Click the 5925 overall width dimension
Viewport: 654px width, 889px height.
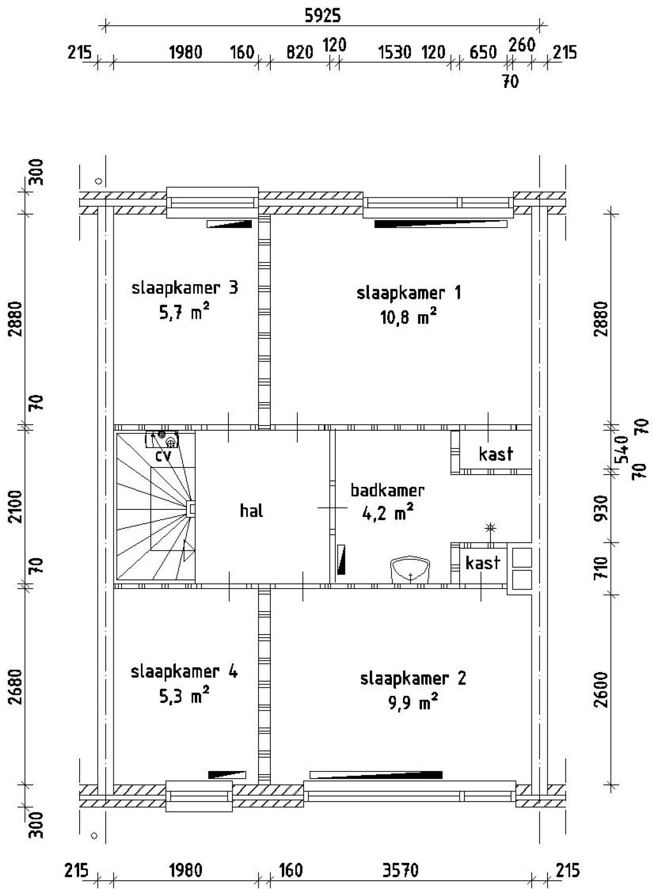pyautogui.click(x=322, y=16)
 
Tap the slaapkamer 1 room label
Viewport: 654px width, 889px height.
pyautogui.click(x=409, y=293)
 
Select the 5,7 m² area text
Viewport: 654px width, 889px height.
pyautogui.click(x=184, y=312)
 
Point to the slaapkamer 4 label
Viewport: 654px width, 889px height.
pyautogui.click(x=184, y=671)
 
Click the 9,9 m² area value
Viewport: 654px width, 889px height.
pyautogui.click(x=413, y=704)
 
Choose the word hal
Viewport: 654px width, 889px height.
pyautogui.click(x=251, y=510)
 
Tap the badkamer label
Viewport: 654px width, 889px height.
pyautogui.click(x=387, y=490)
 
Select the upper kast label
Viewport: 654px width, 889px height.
pyautogui.click(x=496, y=454)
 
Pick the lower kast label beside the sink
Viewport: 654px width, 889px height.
pyautogui.click(x=482, y=563)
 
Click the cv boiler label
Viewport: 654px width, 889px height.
pyautogui.click(x=163, y=456)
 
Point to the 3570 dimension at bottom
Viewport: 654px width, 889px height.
pyautogui.click(x=401, y=870)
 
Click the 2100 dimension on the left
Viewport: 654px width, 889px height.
pyautogui.click(x=16, y=506)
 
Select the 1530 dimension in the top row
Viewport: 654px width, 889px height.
pyautogui.click(x=394, y=52)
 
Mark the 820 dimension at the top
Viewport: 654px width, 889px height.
pyautogui.click(x=299, y=52)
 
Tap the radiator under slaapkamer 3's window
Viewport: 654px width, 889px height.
pyautogui.click(x=229, y=224)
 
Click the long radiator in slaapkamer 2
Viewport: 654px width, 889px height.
pyautogui.click(x=376, y=775)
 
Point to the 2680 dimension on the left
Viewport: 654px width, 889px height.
pyautogui.click(x=16, y=686)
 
